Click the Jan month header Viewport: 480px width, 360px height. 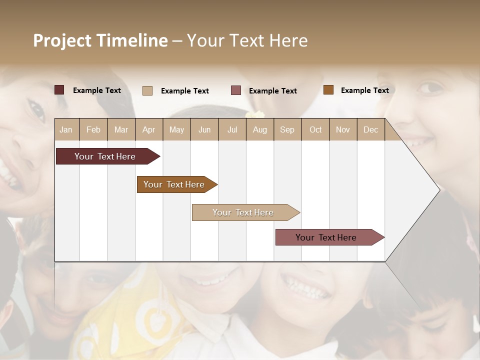tap(66, 130)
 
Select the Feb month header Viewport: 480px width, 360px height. tap(93, 130)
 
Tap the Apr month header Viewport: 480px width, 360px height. tap(148, 130)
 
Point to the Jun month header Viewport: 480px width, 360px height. tap(204, 130)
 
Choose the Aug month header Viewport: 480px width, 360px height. tap(259, 130)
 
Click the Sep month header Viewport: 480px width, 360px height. tap(287, 130)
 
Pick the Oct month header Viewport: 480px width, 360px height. tap(315, 130)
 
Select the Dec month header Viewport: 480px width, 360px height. tap(370, 130)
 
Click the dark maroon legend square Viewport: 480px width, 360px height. tap(59, 90)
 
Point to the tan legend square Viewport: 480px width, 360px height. tap(147, 90)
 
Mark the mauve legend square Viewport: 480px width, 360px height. tap(236, 90)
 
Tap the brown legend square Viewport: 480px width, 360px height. tap(328, 90)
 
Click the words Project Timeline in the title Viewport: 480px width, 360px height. tap(100, 40)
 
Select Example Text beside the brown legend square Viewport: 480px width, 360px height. tap(364, 90)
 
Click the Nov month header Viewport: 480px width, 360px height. tap(343, 130)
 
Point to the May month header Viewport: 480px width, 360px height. tap(176, 130)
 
